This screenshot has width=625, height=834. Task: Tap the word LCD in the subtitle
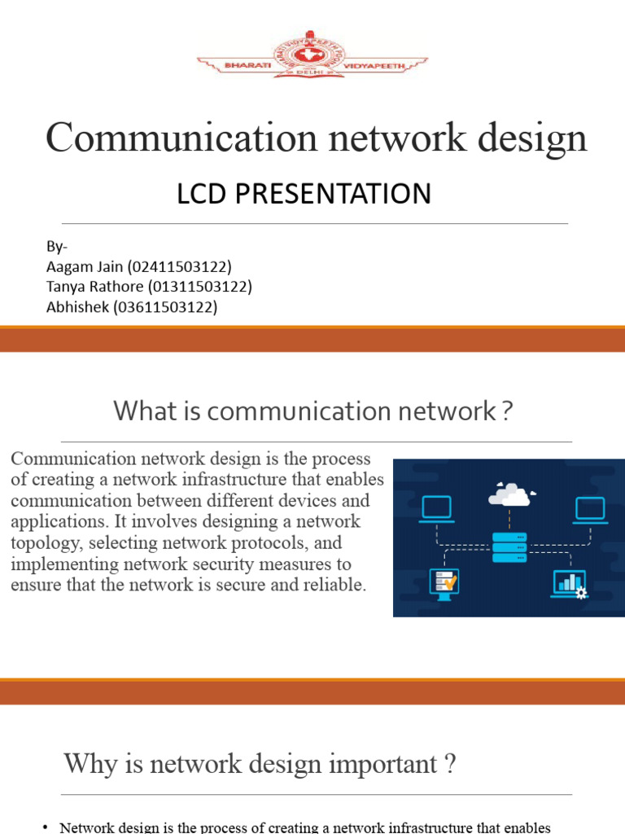click(203, 194)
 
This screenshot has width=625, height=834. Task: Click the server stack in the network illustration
click(509, 546)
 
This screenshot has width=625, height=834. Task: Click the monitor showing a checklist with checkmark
click(444, 583)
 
